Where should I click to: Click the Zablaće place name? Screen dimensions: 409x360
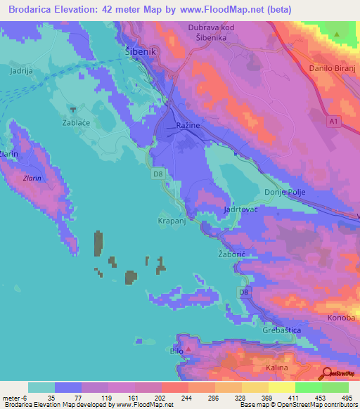[x=74, y=121]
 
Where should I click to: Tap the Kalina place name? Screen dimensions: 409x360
[x=278, y=368]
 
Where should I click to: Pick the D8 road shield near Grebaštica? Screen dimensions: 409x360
[x=243, y=292]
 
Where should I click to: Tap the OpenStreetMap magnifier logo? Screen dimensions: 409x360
[x=327, y=375]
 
